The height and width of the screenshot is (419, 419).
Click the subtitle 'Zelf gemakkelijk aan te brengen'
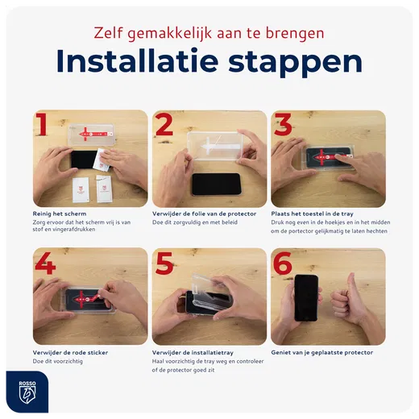tap(209, 33)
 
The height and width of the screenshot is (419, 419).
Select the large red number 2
tap(164, 127)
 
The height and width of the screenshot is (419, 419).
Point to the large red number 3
tap(284, 127)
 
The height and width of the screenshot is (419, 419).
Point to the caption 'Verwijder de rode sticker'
tap(70, 352)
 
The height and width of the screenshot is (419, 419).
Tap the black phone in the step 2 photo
tap(216, 184)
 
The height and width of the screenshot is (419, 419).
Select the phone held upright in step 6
tap(307, 297)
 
